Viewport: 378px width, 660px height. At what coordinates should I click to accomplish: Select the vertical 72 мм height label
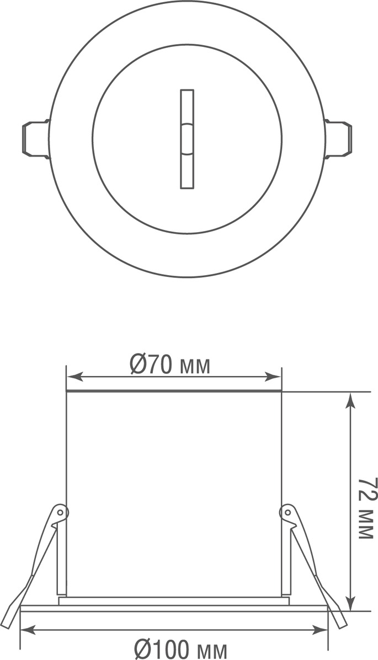[x=366, y=508]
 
